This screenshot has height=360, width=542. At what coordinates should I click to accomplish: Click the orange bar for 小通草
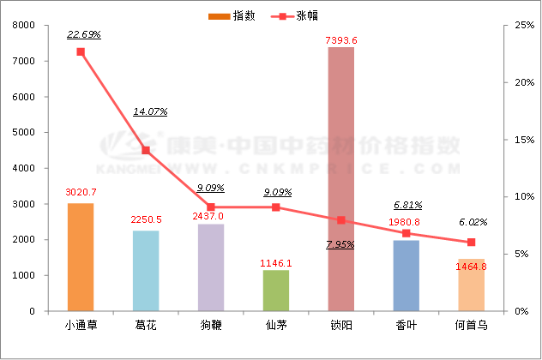(81, 257)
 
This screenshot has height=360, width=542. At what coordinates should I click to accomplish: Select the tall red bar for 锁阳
(341, 179)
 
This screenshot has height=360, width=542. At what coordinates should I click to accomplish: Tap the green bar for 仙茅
(276, 291)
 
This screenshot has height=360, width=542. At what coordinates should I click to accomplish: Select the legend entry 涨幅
(307, 16)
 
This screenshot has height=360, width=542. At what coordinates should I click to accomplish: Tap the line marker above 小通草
(81, 51)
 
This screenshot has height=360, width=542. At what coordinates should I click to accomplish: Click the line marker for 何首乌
(471, 243)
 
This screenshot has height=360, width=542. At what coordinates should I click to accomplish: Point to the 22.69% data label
(84, 34)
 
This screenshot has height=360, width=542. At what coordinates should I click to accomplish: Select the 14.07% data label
(150, 111)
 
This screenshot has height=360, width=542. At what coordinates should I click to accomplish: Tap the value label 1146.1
(276, 262)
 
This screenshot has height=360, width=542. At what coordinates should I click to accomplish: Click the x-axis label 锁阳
(341, 326)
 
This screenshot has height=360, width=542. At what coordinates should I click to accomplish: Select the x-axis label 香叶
(406, 326)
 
